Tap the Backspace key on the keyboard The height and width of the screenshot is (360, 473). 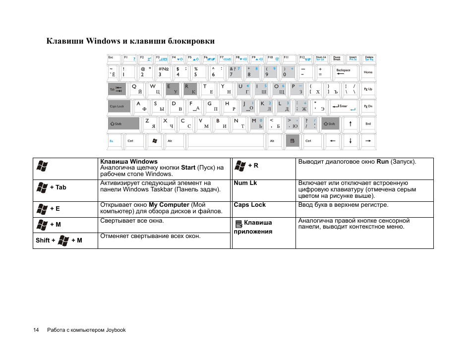pos(343,72)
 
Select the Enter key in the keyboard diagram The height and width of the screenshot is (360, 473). pos(342,106)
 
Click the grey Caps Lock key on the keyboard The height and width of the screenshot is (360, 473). pos(119,106)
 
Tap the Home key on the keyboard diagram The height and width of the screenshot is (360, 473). pos(368,72)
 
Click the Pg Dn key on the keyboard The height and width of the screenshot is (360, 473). pos(368,106)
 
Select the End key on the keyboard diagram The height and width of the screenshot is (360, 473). pos(368,123)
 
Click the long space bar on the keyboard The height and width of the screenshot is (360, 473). pos(225,141)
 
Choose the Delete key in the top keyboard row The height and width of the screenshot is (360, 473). pos(369,59)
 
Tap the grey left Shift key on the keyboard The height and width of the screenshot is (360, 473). pos(123,123)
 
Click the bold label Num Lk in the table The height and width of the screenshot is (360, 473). pos(245,183)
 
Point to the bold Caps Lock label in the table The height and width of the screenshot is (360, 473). pos(249,205)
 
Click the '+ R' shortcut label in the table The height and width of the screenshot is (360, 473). pos(253,166)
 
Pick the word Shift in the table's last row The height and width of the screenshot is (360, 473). pos(43,240)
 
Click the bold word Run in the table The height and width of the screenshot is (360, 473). pos(382,162)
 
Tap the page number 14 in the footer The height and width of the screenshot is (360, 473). pos(36,330)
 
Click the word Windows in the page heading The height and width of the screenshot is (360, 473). pos(103,41)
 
